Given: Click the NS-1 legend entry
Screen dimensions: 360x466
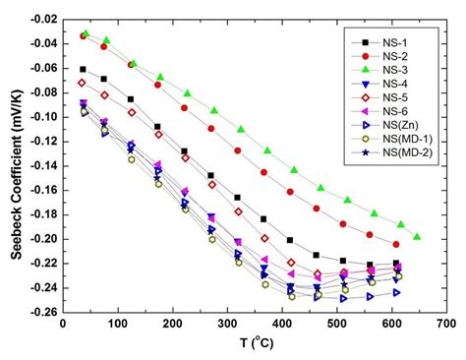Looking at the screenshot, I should point(393,42).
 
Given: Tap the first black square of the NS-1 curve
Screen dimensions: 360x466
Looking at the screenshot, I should point(83,69).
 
